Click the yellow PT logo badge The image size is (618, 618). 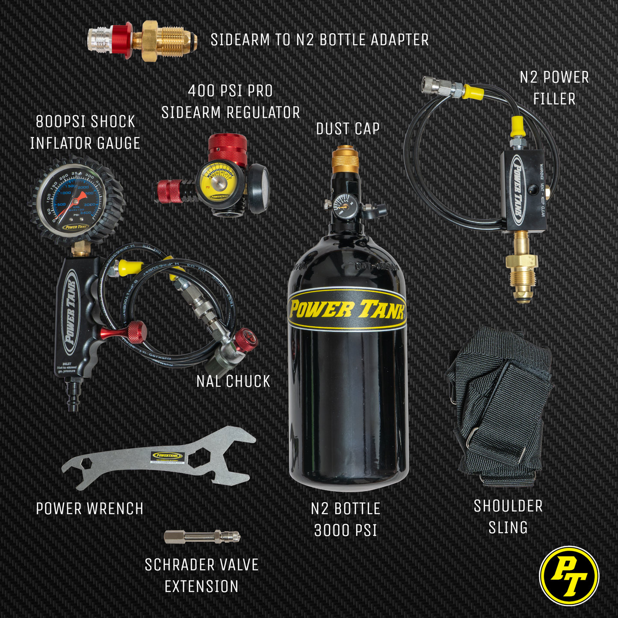click(569, 576)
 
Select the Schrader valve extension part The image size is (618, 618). click(202, 536)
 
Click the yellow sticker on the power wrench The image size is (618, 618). click(169, 457)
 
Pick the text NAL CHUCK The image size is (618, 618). click(233, 381)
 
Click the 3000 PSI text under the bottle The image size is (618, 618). click(346, 530)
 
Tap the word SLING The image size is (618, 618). click(508, 528)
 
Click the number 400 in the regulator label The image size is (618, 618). click(201, 91)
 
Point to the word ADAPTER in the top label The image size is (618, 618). click(399, 40)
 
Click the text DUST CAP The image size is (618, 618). click(348, 129)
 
